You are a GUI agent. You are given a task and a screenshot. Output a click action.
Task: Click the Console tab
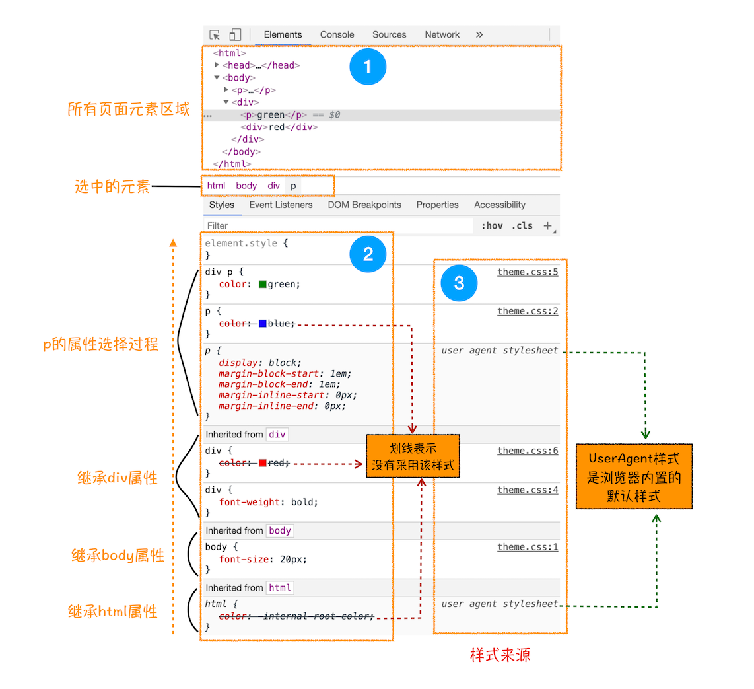coord(337,35)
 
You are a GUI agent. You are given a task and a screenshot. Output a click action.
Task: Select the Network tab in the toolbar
coord(442,35)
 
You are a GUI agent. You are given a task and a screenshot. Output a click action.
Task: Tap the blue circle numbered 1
coord(368,67)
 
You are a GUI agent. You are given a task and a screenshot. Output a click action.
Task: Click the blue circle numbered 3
coord(459,283)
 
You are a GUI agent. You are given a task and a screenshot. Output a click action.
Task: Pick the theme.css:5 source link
coord(528,272)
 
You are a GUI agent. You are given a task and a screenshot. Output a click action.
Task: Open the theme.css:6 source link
coord(528,451)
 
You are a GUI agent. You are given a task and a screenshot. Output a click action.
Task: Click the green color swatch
coord(263,285)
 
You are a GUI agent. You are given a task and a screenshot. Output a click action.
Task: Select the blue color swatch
coord(263,324)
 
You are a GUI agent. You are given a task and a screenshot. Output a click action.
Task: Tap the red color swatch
coord(263,463)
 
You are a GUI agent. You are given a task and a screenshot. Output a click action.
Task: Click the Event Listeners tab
coord(281,205)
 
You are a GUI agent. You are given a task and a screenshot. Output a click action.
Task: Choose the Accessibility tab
coord(499,205)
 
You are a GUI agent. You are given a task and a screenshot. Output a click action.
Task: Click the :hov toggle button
coord(491,226)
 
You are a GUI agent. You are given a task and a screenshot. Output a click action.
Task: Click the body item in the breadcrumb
coord(246,186)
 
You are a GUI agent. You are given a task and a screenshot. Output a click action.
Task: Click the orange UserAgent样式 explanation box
coord(633,476)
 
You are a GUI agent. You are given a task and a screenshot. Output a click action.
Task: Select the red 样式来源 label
coord(500,655)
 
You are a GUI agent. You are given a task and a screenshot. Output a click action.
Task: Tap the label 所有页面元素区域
coord(129,109)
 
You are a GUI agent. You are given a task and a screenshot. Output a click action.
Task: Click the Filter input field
coord(337,226)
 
